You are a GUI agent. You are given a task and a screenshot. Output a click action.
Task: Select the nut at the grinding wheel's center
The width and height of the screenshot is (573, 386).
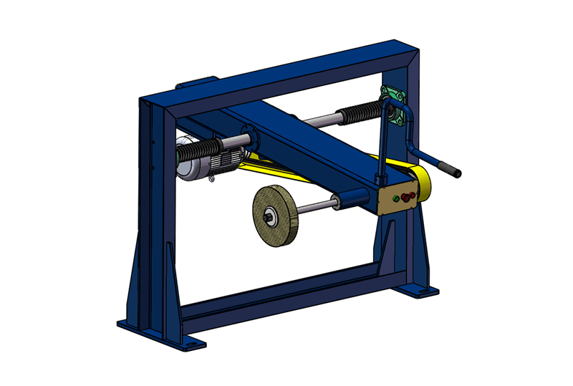(x=272, y=217)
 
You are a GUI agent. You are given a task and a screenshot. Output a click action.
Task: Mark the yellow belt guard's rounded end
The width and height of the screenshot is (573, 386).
(x=423, y=185)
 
